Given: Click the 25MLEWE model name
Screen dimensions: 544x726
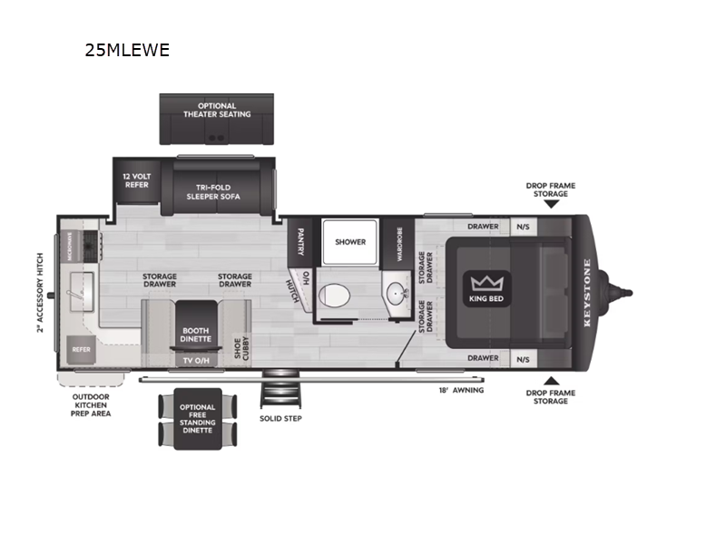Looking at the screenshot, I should pos(127,50).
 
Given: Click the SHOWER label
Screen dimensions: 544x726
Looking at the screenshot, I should pos(350,242).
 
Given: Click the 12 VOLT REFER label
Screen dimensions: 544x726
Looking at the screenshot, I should pos(136,180).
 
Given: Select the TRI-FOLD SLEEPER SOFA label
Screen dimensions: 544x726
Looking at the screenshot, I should pos(214,189).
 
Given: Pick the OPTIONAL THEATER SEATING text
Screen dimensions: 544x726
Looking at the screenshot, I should pos(217,110).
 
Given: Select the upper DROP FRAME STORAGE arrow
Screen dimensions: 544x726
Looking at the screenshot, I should pos(550,204).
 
